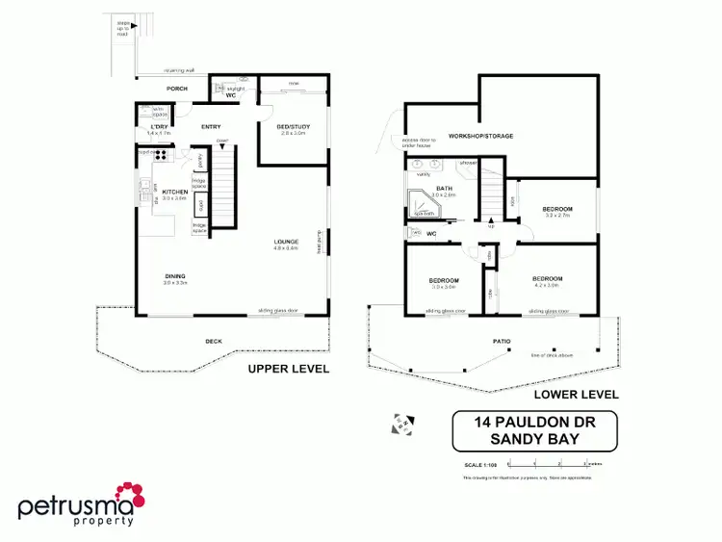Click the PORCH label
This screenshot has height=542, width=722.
176,89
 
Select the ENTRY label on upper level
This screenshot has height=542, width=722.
211,127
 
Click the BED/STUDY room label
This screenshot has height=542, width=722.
292,127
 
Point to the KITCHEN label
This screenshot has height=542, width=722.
174,192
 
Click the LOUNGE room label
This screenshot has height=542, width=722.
287,242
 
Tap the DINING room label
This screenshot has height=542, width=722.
174,277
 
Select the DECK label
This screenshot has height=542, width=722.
214,341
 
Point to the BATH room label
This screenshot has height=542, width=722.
444,189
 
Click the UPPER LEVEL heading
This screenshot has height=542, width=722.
289,369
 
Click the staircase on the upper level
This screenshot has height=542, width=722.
222,189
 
